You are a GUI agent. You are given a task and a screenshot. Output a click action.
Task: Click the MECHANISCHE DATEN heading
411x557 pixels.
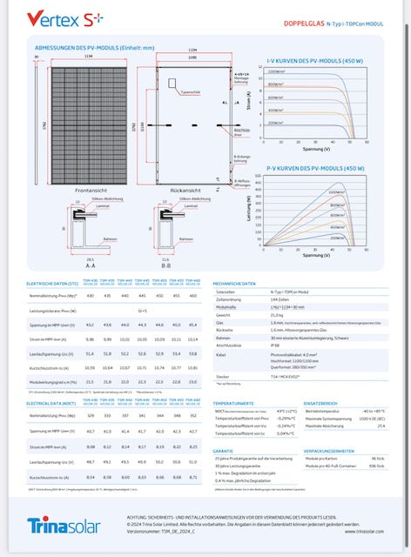pyautogui.click(x=234, y=284)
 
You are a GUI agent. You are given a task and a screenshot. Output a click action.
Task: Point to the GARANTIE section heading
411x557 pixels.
pyautogui.click(x=223, y=451)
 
